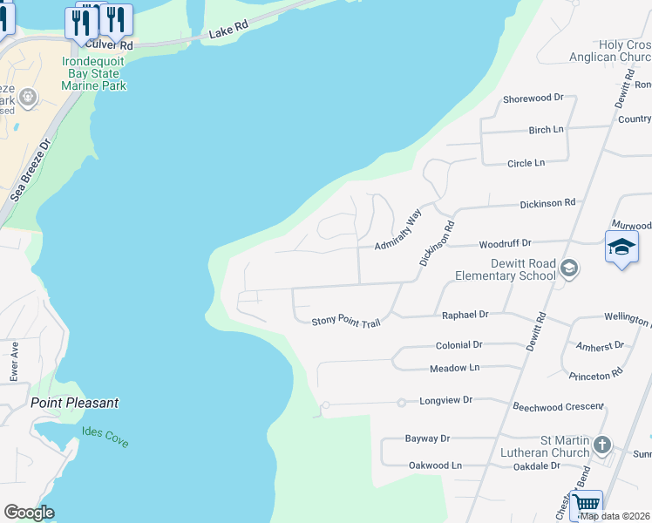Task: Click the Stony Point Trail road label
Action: coord(346,323)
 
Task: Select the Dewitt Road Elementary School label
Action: coord(506,269)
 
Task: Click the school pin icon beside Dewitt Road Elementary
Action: coord(569,268)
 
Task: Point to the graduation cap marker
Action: coord(621,248)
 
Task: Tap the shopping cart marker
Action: coord(587,504)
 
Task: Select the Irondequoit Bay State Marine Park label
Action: coord(94,74)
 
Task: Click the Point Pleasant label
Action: coord(74,403)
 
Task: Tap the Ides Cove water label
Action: coord(105,437)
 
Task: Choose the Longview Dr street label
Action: coord(445,400)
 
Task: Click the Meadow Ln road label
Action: coord(454,369)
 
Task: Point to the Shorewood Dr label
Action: coord(533,98)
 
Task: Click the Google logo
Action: coord(29,513)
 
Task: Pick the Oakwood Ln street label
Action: coord(435,465)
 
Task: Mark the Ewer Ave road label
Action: coord(14,361)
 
